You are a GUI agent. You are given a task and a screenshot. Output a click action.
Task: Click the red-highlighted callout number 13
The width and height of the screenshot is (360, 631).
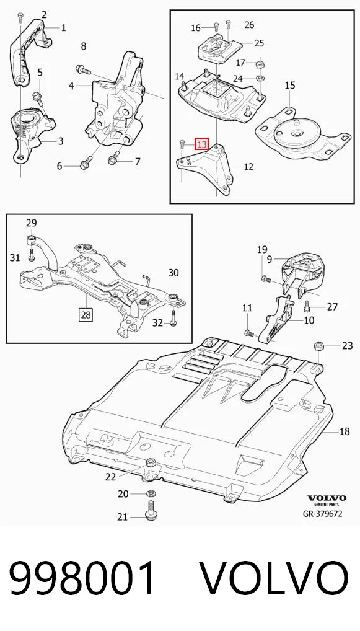click(x=201, y=144)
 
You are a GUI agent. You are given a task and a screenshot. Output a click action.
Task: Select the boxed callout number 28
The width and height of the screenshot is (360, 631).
click(x=86, y=315)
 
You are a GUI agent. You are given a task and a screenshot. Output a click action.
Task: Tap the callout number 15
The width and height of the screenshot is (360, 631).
click(x=290, y=86)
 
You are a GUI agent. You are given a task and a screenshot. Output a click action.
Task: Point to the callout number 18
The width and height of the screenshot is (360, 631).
click(x=345, y=432)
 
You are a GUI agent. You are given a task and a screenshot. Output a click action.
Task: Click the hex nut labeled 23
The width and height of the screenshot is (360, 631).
click(x=318, y=345)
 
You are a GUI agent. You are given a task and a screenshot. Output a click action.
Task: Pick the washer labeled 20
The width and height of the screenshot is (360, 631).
click(x=151, y=493)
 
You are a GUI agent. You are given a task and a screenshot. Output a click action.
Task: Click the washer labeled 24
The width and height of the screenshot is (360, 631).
click(x=260, y=77)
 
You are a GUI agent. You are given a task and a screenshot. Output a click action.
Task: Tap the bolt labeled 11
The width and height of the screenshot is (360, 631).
click(x=248, y=333)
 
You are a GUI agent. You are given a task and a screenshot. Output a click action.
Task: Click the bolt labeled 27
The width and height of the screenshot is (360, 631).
click(x=308, y=307)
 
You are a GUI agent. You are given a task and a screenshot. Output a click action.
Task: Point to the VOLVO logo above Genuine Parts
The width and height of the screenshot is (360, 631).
click(x=327, y=498)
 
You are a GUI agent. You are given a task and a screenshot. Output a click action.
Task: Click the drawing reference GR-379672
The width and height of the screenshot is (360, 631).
click(x=323, y=513)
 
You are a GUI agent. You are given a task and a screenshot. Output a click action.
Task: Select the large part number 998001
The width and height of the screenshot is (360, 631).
click(x=82, y=578)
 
